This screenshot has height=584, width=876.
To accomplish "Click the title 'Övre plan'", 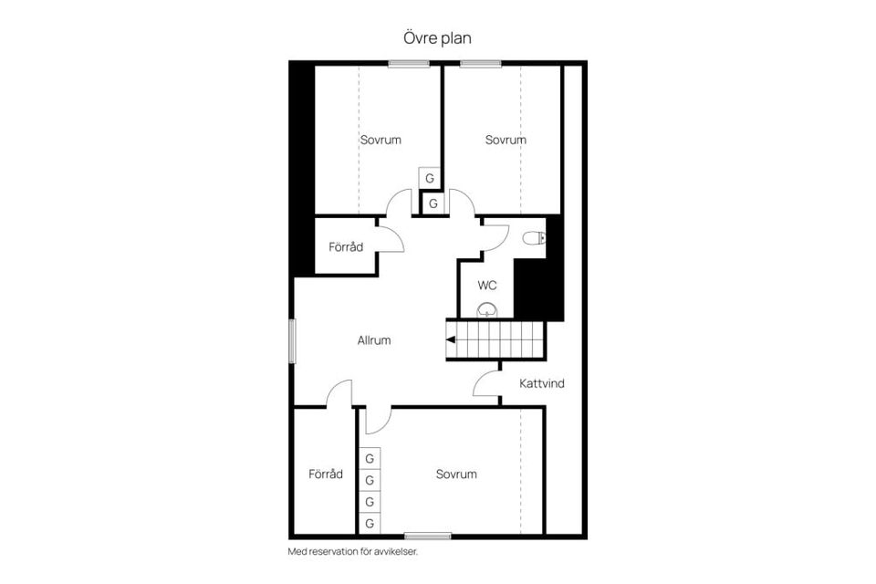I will [x=437, y=37].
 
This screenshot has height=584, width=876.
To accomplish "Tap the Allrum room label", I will [x=374, y=340].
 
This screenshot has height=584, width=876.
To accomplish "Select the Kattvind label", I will [x=542, y=383].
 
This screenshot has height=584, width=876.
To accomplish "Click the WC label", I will [x=487, y=286].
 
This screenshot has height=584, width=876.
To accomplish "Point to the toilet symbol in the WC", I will [x=535, y=239].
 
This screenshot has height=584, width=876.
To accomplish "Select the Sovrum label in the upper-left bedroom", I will [x=381, y=140].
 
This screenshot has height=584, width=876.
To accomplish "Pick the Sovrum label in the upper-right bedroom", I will [x=506, y=140].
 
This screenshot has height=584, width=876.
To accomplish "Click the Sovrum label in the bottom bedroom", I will [x=456, y=474].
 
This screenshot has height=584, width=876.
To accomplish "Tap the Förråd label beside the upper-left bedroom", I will [x=346, y=247].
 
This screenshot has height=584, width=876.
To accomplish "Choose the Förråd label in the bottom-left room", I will [x=326, y=474].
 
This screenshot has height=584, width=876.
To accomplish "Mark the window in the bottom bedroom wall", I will [x=427, y=536].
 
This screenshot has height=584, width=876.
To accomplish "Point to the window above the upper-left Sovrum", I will [x=409, y=63].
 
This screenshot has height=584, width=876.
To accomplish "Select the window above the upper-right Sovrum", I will [x=481, y=63].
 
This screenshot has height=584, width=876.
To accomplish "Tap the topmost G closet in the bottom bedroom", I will [x=370, y=458].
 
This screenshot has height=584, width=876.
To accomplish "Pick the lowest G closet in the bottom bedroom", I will [x=370, y=524].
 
